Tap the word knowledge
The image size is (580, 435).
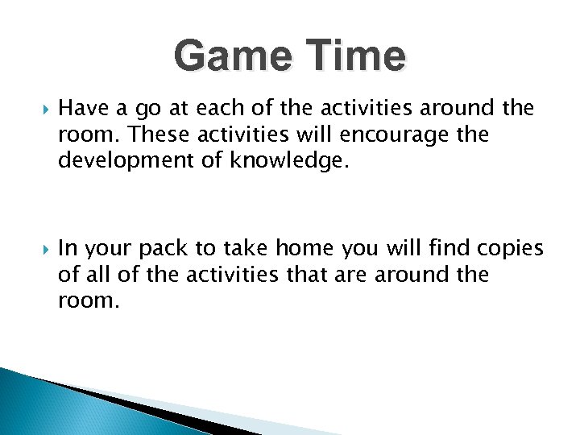click(288, 161)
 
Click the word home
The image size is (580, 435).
click(310, 248)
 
